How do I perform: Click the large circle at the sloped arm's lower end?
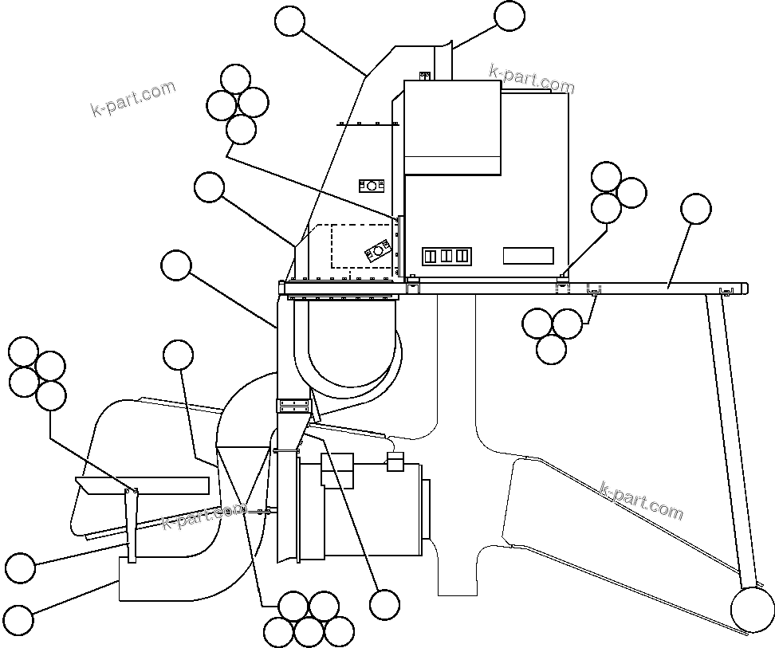(x=753, y=610)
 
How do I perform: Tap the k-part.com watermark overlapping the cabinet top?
(x=531, y=79)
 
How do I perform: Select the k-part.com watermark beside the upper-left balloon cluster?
(x=133, y=98)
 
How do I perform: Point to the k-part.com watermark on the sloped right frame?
(x=641, y=500)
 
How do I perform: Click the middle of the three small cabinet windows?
(x=447, y=256)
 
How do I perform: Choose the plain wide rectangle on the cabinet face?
(x=528, y=256)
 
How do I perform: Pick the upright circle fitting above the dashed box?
(x=372, y=186)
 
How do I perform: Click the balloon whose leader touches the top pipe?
(x=509, y=16)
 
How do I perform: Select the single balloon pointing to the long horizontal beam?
(x=696, y=209)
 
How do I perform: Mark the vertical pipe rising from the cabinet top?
(x=443, y=61)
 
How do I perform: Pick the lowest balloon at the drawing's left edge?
(x=18, y=619)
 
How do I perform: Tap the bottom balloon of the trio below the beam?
(x=552, y=348)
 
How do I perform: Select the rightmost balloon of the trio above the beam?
(x=631, y=192)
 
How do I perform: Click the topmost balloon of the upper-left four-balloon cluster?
(x=235, y=79)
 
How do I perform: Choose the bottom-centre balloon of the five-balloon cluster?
(x=309, y=632)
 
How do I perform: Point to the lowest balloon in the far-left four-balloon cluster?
(x=51, y=395)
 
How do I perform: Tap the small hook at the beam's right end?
(x=725, y=290)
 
